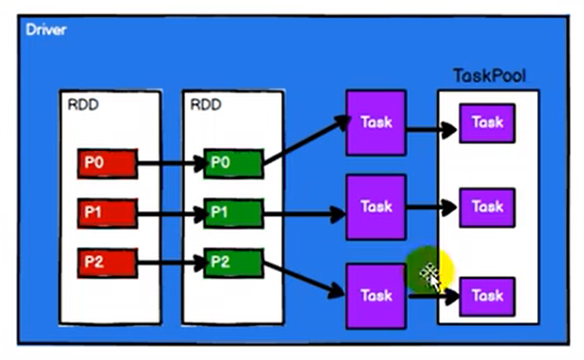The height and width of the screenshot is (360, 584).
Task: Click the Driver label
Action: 46,30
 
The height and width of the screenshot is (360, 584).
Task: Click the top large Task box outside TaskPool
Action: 375,122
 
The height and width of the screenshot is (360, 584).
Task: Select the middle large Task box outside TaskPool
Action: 375,206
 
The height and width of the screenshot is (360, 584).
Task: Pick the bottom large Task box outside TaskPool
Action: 375,295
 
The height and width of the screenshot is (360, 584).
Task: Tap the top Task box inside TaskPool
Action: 487,122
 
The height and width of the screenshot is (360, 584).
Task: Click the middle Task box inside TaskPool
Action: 487,206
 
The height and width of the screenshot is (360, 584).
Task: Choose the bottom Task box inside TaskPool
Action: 487,295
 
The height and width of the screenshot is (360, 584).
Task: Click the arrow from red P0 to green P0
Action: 170,163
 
